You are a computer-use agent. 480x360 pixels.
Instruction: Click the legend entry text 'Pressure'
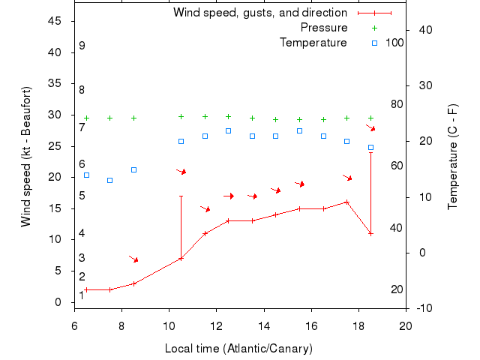(324, 28)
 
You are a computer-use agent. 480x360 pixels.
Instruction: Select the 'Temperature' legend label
(313, 42)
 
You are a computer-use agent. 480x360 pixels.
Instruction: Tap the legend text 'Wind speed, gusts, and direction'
(260, 13)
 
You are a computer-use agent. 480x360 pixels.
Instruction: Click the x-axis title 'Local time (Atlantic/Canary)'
(238, 349)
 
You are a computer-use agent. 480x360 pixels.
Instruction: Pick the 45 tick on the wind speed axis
(54, 21)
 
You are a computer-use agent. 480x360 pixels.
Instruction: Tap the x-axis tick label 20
(406, 326)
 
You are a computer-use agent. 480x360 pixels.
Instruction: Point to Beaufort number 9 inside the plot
(82, 46)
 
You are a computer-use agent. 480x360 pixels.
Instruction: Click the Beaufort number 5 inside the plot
(82, 196)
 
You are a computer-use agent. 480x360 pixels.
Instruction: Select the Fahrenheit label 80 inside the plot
(397, 104)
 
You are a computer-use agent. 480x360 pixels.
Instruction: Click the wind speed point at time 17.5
(346, 202)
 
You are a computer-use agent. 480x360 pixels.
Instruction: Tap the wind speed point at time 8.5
(133, 283)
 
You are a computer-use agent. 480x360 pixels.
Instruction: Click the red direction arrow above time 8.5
(133, 259)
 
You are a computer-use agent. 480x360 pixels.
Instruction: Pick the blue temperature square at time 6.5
(86, 175)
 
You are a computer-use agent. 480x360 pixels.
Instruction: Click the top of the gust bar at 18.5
(370, 152)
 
